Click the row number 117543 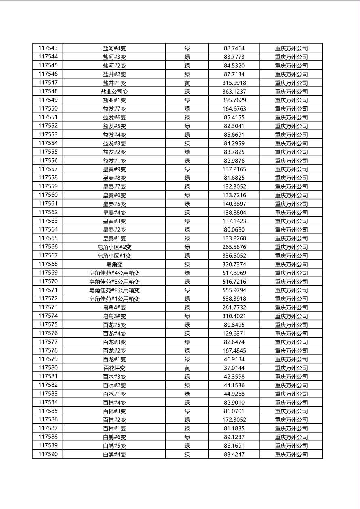tap(48, 48)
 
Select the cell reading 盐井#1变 tap(114, 83)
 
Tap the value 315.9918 tap(234, 83)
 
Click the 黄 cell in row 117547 tap(187, 83)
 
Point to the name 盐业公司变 tap(114, 92)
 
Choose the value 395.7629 tap(234, 100)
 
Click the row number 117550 tap(48, 108)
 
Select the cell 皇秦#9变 tap(114, 169)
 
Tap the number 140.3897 tap(234, 204)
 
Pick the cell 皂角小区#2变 tap(114, 247)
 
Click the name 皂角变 tap(114, 264)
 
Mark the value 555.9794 tap(234, 290)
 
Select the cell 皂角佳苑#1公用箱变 tap(114, 299)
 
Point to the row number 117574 tap(48, 316)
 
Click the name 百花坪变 tap(114, 368)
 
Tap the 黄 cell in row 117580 tap(187, 368)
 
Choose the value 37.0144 tap(234, 368)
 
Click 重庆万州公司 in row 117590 tap(291, 455)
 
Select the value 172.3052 tap(234, 420)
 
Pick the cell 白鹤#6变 tap(114, 437)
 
